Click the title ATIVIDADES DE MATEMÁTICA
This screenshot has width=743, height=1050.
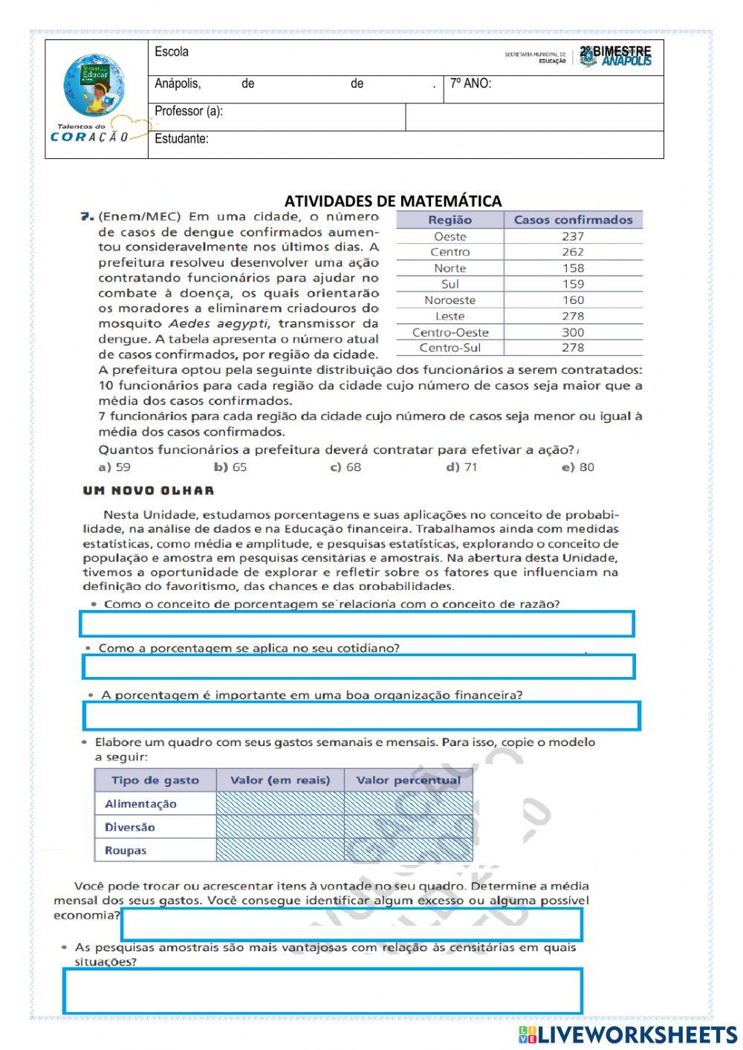[393, 201]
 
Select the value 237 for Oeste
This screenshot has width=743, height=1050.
[572, 236]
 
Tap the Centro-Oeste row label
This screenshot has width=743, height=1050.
[450, 332]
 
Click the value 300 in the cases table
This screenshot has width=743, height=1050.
[572, 332]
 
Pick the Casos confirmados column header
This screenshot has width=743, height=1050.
[573, 220]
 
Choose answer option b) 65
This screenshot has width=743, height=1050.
[230, 467]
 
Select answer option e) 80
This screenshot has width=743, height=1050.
[578, 467]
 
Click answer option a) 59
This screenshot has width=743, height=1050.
[114, 467]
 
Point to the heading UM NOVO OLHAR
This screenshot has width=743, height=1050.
[149, 490]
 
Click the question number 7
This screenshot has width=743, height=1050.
[87, 217]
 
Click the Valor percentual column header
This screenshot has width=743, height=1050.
[408, 780]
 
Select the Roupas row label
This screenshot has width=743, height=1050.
[126, 851]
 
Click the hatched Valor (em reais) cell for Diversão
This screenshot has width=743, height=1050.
[280, 827]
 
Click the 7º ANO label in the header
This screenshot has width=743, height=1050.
[470, 84]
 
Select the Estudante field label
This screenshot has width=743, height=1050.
[181, 139]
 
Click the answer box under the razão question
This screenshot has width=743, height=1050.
[357, 624]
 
